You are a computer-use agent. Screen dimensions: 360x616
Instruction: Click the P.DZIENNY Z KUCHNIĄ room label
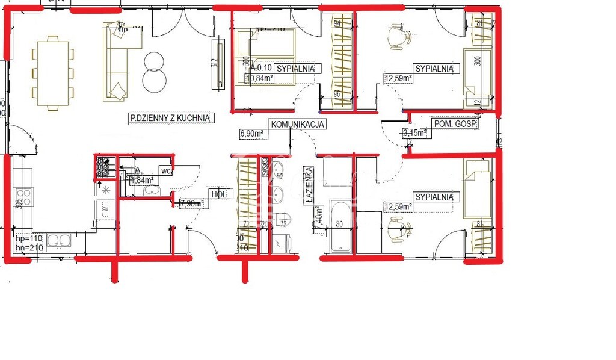point(171,119)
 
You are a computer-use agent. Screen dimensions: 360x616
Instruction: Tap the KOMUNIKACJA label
point(298,125)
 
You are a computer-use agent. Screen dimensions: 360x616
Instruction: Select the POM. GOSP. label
point(455,125)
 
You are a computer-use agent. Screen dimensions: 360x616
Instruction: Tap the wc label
point(166,171)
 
